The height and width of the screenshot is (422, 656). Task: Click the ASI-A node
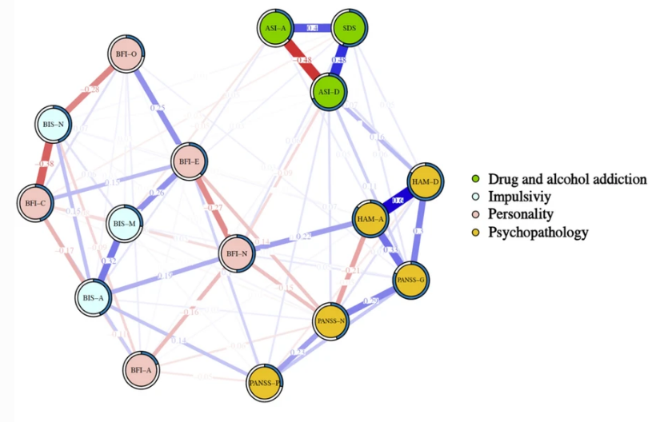[276, 29]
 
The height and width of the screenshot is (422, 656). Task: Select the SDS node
[350, 29]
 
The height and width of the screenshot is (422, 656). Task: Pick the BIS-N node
[54, 125]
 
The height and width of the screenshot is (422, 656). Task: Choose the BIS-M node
[126, 224]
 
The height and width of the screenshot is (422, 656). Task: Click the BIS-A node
[94, 298]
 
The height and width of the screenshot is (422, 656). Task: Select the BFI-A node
[142, 370]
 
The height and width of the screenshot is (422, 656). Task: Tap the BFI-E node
[190, 162]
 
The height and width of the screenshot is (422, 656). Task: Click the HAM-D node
[426, 183]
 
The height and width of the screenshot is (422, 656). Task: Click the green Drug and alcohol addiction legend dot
[477, 180]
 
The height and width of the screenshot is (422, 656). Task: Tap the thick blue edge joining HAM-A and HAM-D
[398, 201]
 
